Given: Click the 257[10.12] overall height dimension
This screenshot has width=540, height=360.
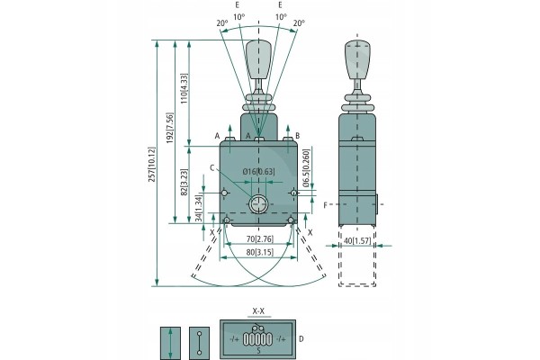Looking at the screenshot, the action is pos(152,165).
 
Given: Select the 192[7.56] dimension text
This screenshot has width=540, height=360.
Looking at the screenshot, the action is pos(170,128).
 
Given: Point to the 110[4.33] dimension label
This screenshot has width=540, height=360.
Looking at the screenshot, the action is pos(184,88).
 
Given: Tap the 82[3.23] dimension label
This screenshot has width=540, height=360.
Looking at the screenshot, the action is pos(184,182).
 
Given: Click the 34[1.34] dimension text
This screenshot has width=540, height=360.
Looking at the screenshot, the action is pos(198,209).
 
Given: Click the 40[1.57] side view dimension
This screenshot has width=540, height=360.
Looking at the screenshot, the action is pos(357,241).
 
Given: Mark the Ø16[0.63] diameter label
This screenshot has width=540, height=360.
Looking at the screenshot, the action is pos(259,171).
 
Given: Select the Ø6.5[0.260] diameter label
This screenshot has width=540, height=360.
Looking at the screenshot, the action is pos(307,168).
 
